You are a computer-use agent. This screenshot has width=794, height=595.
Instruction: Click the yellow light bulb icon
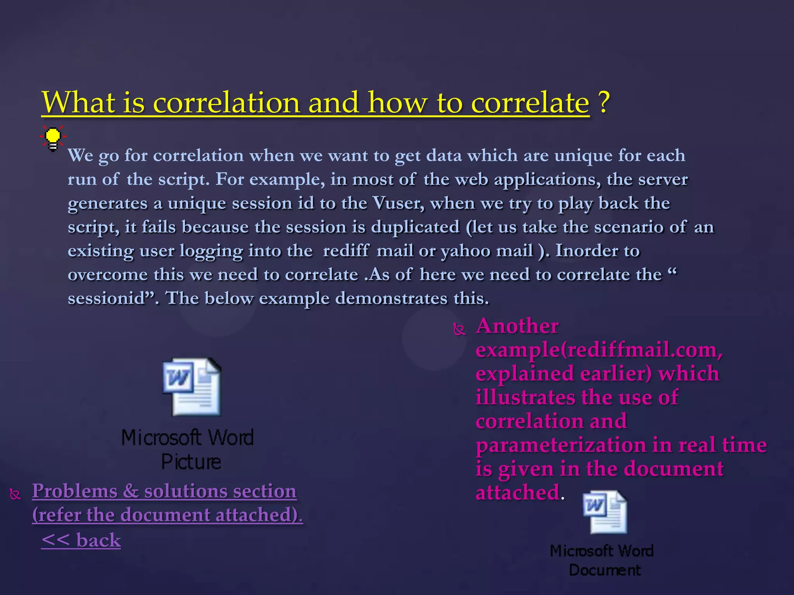point(53,138)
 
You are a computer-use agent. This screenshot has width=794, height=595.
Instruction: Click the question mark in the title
point(603,102)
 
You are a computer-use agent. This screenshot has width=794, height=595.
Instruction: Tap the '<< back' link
point(81,540)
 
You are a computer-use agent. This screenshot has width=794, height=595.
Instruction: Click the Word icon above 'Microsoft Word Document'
point(605,512)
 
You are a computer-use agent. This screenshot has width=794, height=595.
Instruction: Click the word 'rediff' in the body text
point(346,251)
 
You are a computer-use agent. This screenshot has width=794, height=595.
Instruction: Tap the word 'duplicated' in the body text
point(415,227)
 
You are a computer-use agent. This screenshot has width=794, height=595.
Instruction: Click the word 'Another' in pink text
point(517,326)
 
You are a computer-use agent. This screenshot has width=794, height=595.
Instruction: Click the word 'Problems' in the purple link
point(74,491)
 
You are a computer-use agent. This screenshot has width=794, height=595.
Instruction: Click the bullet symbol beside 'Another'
point(459,330)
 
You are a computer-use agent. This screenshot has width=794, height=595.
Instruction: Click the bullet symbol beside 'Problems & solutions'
point(15,495)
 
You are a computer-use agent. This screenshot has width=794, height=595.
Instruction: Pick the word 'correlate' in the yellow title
point(530,103)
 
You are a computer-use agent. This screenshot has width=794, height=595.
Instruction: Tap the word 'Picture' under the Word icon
point(191,462)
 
